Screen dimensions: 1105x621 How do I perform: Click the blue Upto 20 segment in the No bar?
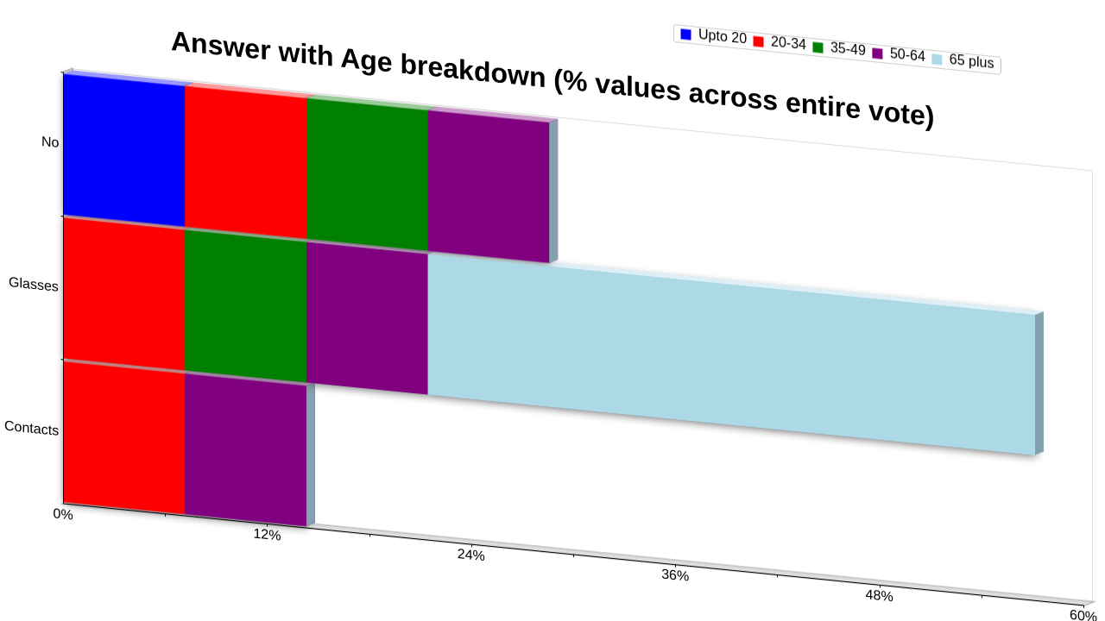124,150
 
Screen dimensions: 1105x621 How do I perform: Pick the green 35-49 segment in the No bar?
367,174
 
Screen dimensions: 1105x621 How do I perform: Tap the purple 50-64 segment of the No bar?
489,186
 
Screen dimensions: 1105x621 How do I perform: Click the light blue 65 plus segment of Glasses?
731,354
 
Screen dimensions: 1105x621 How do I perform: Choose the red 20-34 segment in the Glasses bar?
124,294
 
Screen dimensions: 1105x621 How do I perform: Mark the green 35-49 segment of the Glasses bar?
246,306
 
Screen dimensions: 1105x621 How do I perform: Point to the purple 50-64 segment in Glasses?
367,318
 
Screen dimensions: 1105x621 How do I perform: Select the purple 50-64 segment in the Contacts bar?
246,450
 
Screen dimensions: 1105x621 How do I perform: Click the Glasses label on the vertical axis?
34,285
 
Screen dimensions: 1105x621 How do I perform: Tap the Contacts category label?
32,428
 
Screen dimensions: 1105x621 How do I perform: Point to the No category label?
50,142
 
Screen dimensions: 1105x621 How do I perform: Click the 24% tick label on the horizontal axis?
471,555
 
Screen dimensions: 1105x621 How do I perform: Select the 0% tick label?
63,514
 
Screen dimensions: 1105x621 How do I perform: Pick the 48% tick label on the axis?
879,596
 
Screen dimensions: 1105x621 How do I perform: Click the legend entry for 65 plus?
963,60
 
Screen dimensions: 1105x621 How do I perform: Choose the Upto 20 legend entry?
713,36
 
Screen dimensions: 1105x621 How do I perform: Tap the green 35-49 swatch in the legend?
818,47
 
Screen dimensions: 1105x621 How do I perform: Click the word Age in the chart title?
366,61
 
